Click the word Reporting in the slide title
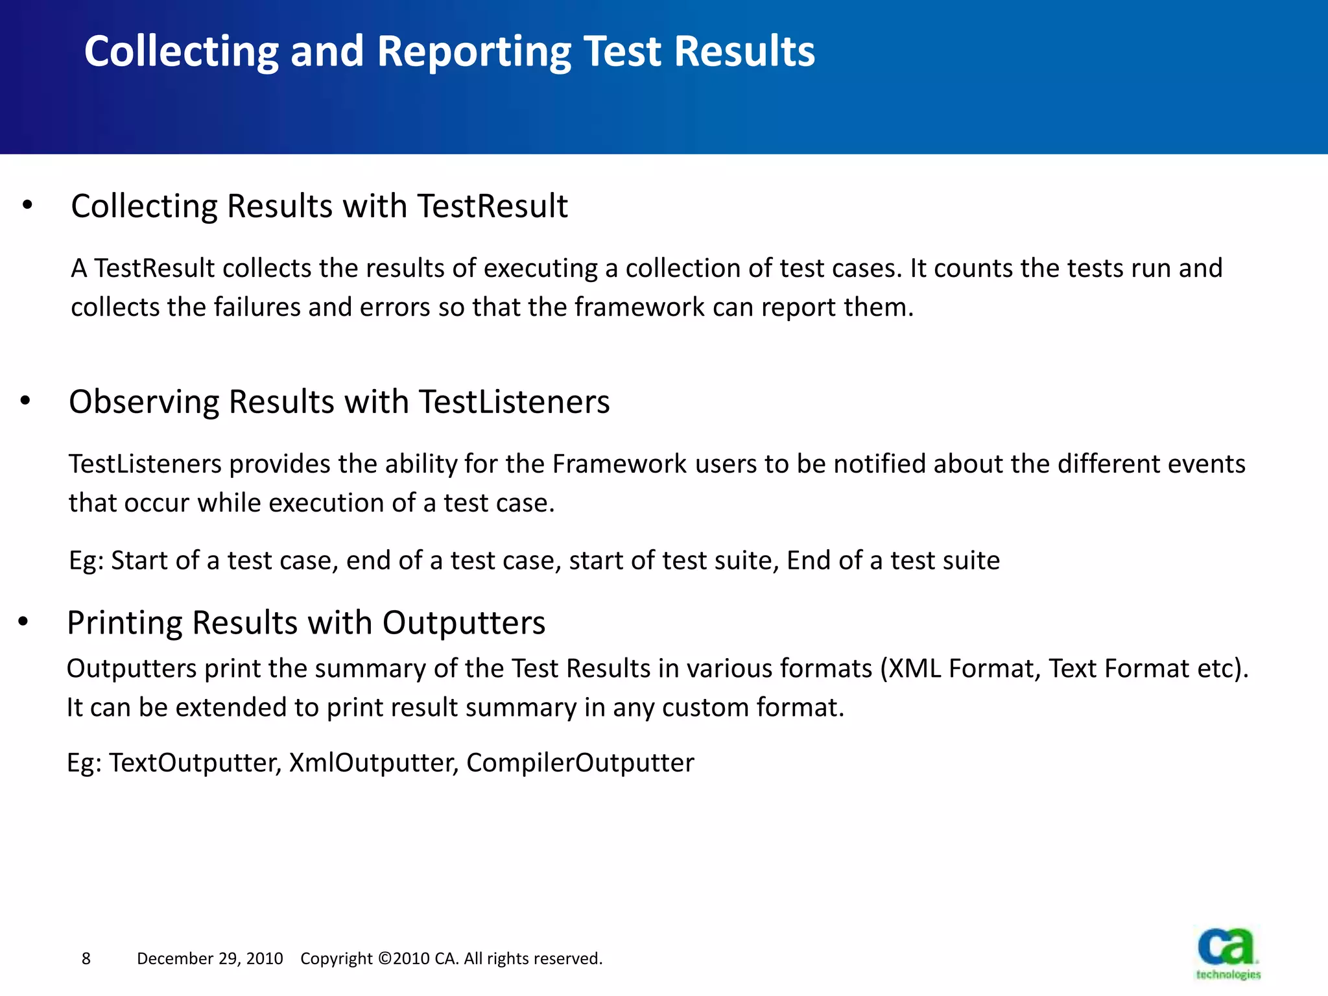[x=474, y=52]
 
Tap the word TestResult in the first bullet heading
[x=492, y=206]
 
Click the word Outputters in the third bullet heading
[x=464, y=623]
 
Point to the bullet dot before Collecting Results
[x=27, y=206]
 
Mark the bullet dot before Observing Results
[x=25, y=402]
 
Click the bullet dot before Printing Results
[x=24, y=622]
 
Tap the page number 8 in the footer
[x=86, y=958]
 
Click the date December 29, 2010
[x=209, y=958]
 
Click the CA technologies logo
[x=1227, y=952]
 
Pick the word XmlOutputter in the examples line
[x=373, y=763]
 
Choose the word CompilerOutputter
[x=580, y=763]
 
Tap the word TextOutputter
[x=195, y=763]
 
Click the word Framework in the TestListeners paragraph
[x=619, y=464]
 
